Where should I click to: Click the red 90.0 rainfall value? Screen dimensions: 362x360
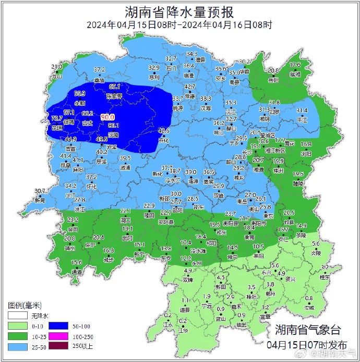pos(107,117)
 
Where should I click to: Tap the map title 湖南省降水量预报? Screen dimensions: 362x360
pos(179,11)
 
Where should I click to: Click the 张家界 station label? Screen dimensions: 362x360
pos(114,96)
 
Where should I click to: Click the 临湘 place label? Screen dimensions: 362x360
pos(295,74)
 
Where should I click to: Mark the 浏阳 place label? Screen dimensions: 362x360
pos(306,153)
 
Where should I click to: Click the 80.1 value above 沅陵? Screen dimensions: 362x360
pos(113,125)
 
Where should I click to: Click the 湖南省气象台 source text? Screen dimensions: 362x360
pos(307,330)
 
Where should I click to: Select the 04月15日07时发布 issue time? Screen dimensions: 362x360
pos(306,344)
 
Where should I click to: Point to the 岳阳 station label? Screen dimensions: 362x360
pos(273,80)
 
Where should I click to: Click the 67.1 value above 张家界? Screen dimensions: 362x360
pos(115,87)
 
